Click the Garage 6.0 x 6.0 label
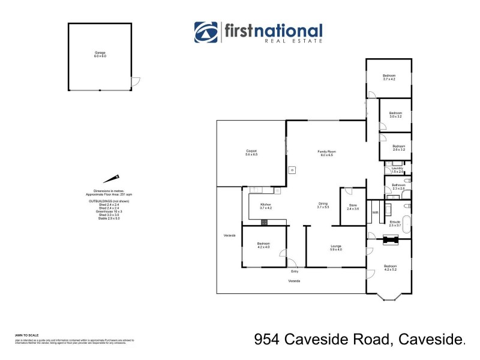100,54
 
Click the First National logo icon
206,32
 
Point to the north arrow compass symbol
111,179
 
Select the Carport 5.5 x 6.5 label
251,152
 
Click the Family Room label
326,153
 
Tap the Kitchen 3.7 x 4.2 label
266,206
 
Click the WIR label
375,212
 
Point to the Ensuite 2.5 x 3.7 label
394,223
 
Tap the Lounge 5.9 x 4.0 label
336,247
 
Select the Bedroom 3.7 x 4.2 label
389,77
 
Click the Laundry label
397,170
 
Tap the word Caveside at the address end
430,340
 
